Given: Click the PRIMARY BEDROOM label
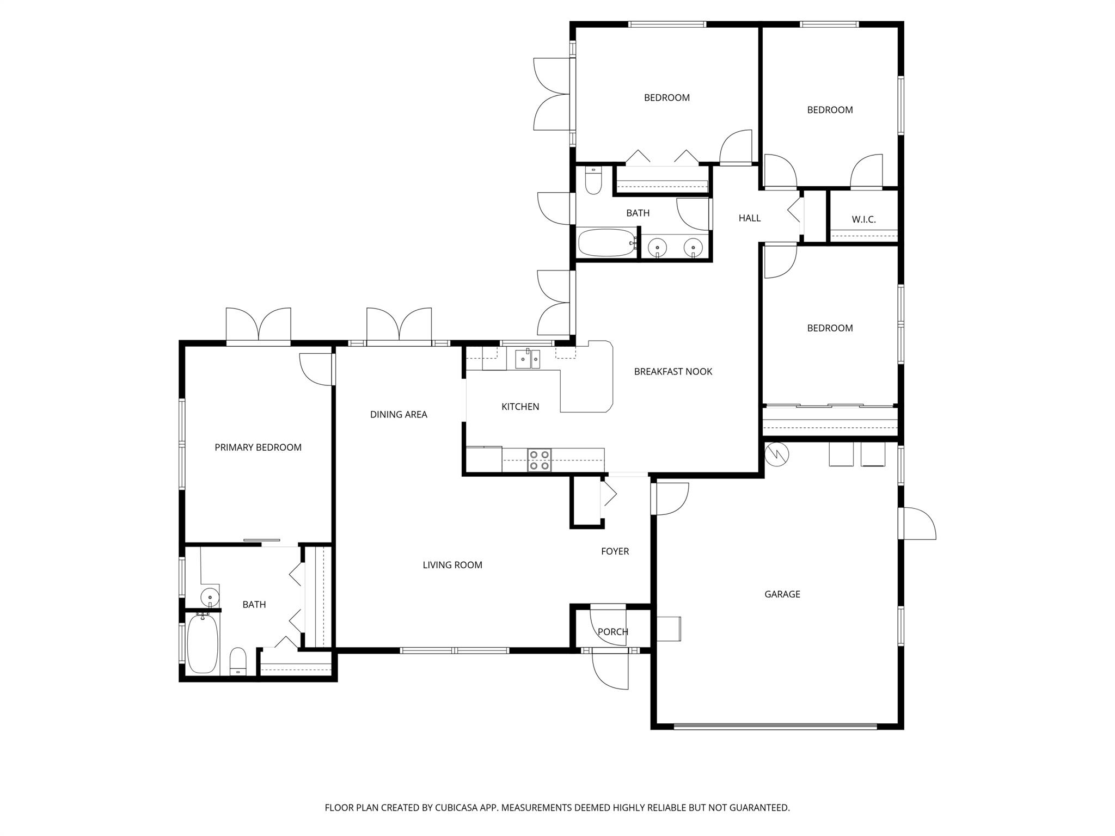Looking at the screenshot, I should coord(258,447).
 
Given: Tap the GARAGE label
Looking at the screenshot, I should coord(782,594).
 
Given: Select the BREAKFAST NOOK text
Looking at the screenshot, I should coord(673,372).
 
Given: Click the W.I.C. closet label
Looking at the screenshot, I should coord(863,220).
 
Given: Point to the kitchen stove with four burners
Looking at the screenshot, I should coord(539,460).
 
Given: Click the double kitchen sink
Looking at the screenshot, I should coord(528,359).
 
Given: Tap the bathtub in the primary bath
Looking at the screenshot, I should coord(203,644).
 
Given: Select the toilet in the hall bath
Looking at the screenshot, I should coord(593,181).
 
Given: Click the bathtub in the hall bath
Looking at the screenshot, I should coord(606,243).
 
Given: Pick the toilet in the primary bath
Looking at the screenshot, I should coord(238,661).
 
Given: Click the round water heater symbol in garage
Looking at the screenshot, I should coord(776,454).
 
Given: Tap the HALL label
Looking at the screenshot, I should coord(749,218).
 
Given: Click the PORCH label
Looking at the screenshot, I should coord(612,632).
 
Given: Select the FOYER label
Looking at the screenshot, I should coord(615,551).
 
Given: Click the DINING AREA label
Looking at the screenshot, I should coord(399,415).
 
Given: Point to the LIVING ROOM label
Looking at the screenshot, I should coord(452,565).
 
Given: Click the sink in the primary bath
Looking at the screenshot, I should coord(210,597).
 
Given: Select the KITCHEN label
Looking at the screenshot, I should coord(520,407).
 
